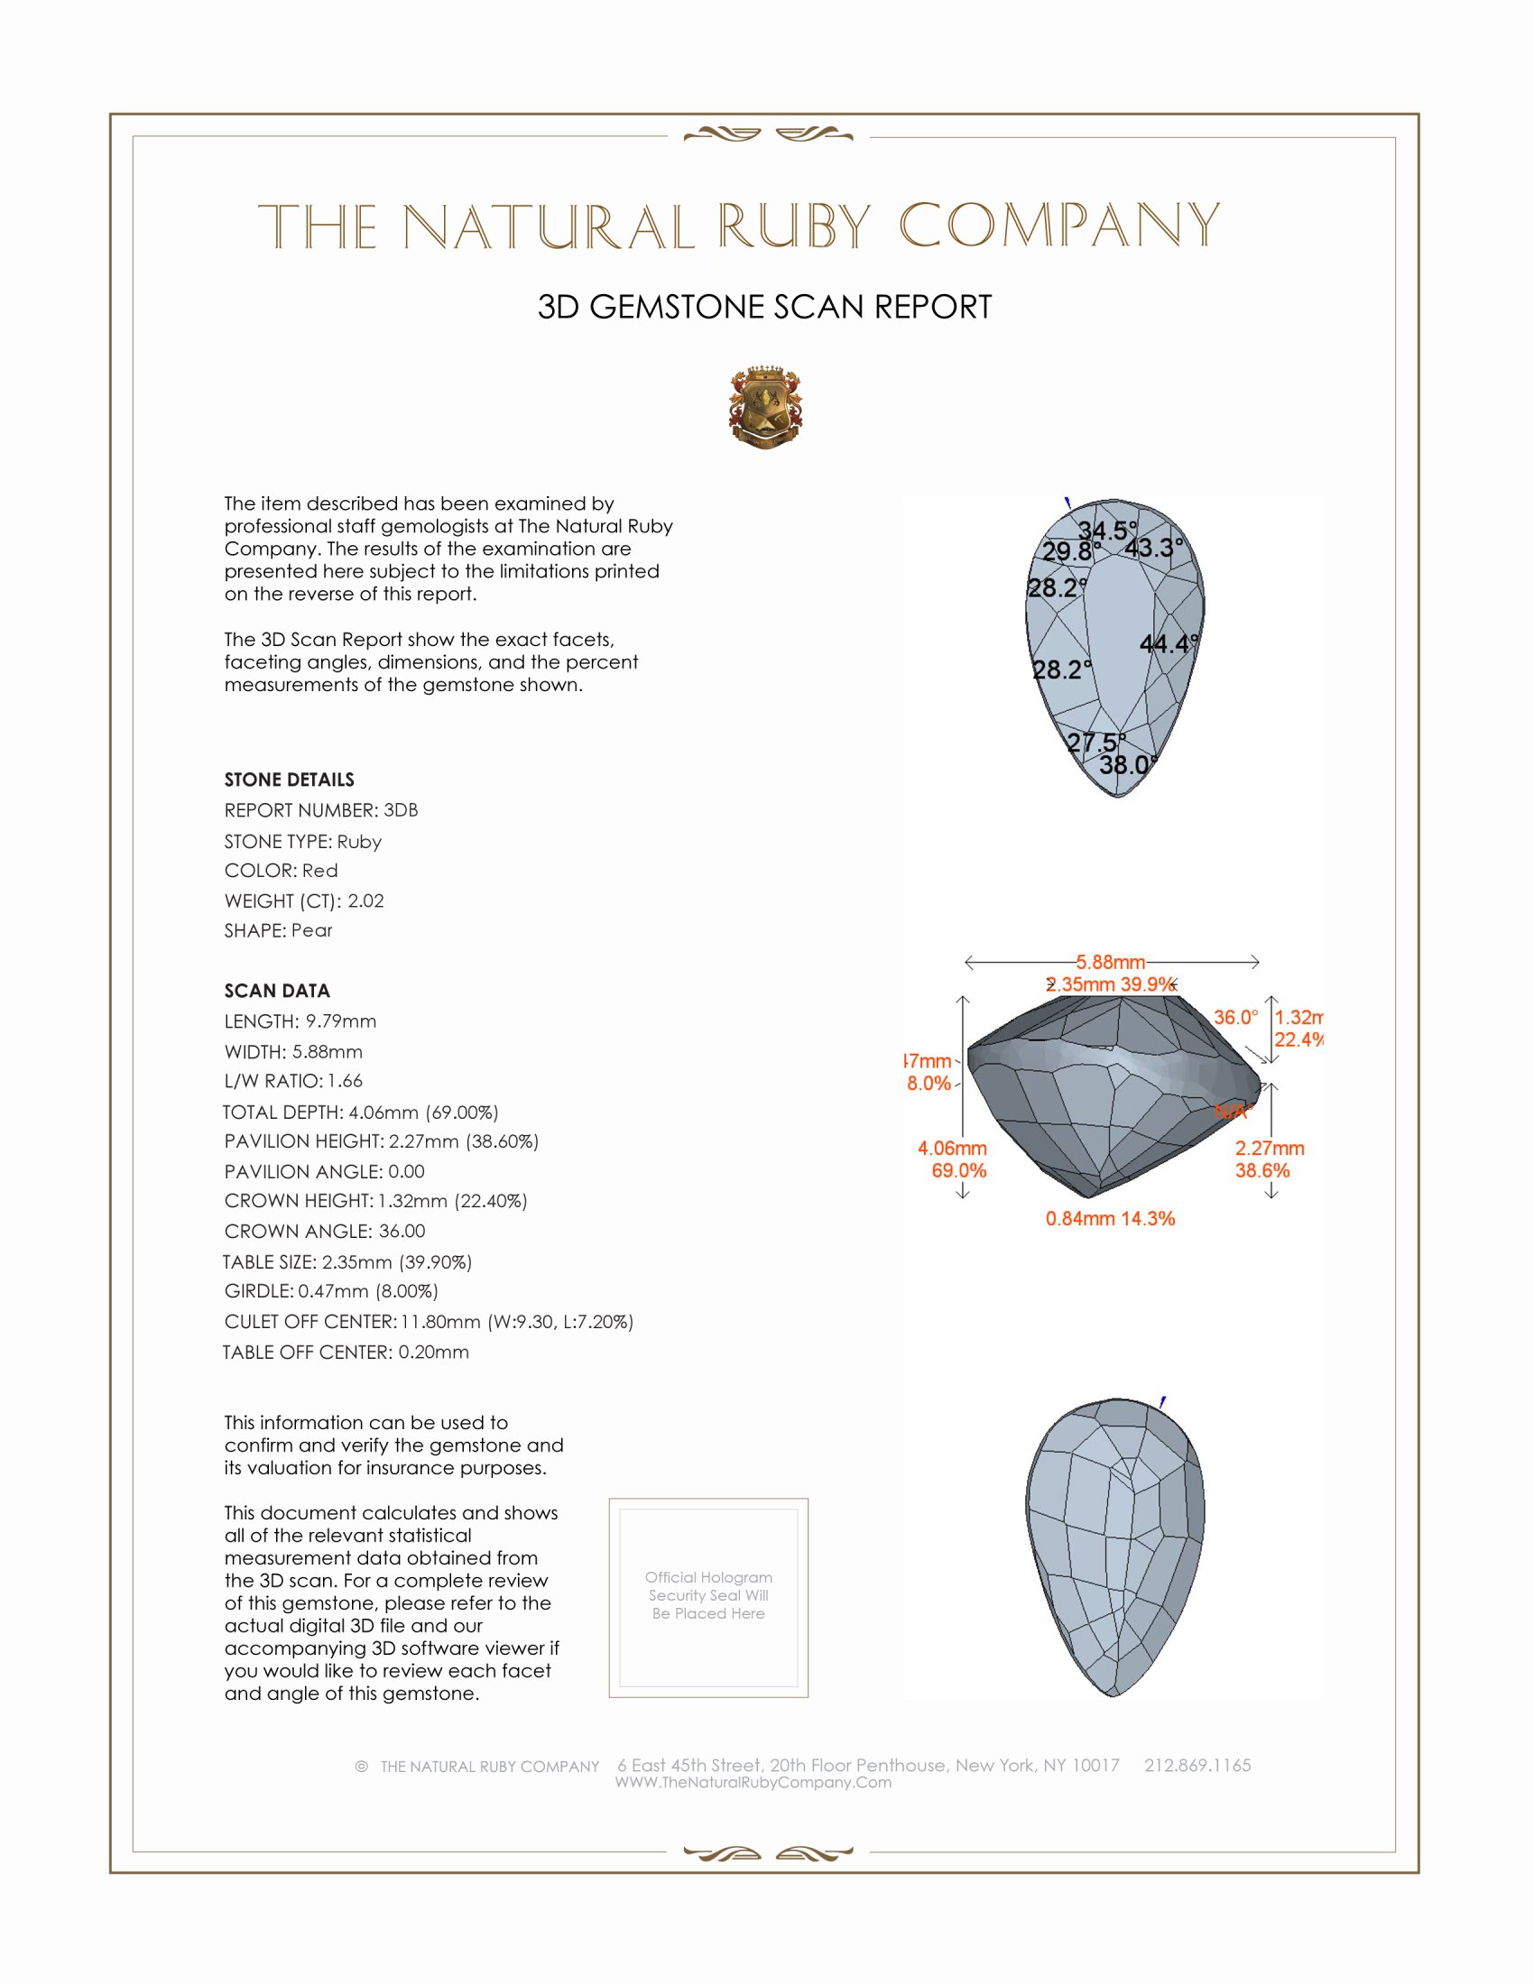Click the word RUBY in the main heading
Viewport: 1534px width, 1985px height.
point(794,226)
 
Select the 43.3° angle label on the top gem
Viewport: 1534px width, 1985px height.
point(1153,548)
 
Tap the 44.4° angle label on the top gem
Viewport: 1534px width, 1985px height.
point(1169,644)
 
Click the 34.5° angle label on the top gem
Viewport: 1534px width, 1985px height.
point(1107,530)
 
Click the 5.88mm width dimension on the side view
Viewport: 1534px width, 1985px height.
point(1111,962)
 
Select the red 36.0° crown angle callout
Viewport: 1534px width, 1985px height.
point(1236,1017)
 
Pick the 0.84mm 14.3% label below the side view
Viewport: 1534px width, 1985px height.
point(1110,1219)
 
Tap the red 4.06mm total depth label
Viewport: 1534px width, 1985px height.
point(951,1149)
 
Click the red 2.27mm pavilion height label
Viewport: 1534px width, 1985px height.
point(1270,1149)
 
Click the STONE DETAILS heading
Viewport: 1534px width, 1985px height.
point(289,780)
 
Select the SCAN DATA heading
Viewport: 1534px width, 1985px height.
point(277,991)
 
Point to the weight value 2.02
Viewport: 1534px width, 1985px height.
point(365,900)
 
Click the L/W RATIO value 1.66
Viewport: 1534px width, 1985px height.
point(345,1082)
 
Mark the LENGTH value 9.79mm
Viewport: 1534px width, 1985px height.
point(341,1021)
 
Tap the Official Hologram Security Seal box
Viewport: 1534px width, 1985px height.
point(708,1598)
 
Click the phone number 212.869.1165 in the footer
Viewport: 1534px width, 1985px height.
point(1197,1765)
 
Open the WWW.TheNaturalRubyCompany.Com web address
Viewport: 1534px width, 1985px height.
point(753,1783)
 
